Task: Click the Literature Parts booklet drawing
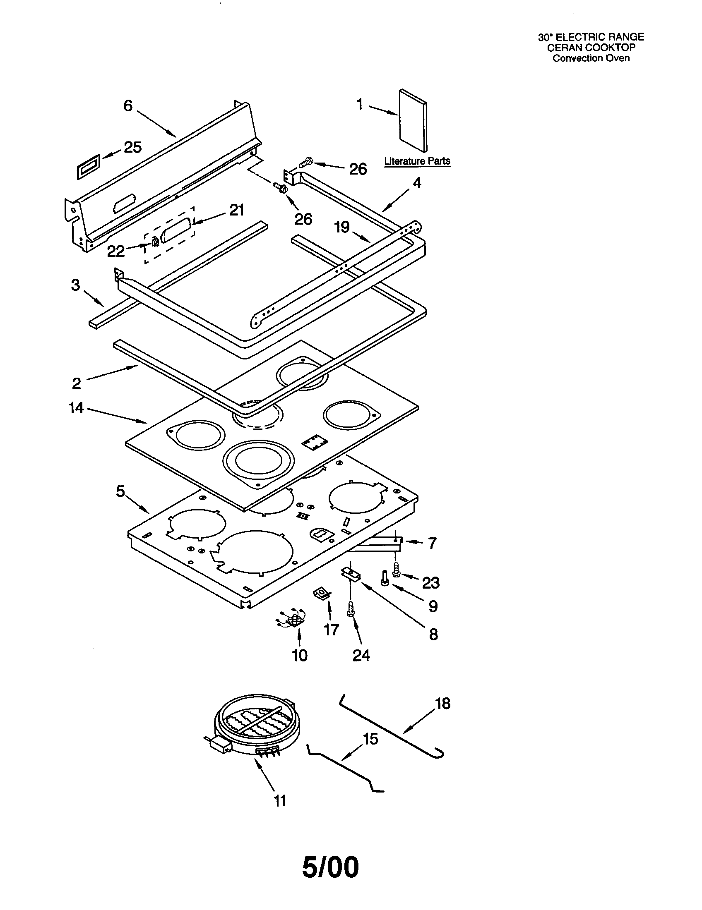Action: click(x=413, y=121)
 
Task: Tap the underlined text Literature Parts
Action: click(x=417, y=161)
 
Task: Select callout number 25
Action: click(x=132, y=147)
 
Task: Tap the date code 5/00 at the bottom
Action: click(x=330, y=867)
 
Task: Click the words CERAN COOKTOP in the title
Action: click(x=591, y=48)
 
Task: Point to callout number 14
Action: click(x=76, y=407)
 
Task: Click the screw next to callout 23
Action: click(x=396, y=569)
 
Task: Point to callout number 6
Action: click(x=127, y=105)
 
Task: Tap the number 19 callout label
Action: click(x=342, y=227)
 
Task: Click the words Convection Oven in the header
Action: click(x=591, y=58)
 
